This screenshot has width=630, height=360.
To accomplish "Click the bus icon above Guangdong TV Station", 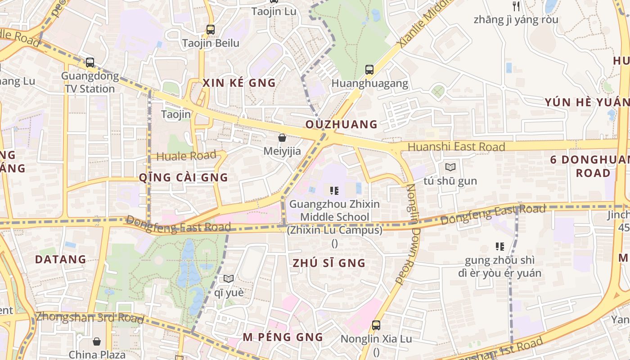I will click(x=90, y=63).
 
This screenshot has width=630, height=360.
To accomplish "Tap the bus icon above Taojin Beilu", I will click(x=210, y=30).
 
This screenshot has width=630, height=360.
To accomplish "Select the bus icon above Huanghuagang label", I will click(x=369, y=70).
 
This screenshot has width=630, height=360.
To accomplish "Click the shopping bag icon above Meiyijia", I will click(x=282, y=138).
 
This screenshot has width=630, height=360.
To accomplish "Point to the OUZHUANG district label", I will click(x=342, y=125).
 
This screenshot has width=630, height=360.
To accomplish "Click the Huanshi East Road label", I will click(x=456, y=147).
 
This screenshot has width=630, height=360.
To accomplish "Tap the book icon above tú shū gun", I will click(x=450, y=167).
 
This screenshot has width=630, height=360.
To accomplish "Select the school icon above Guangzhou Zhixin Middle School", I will click(x=334, y=191).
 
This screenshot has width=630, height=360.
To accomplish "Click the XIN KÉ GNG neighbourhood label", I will click(x=239, y=83).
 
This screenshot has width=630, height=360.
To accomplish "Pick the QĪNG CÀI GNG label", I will click(x=184, y=177).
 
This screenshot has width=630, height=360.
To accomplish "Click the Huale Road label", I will click(x=186, y=156).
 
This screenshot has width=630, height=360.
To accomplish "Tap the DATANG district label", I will click(x=60, y=259).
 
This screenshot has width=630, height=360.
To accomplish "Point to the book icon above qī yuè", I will click(x=229, y=279).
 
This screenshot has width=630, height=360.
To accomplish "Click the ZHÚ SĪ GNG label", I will click(x=329, y=263).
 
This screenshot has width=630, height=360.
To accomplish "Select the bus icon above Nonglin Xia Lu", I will click(x=376, y=325).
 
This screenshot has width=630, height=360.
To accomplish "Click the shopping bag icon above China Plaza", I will click(x=97, y=342).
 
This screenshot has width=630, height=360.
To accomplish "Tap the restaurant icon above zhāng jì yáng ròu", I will click(x=516, y=6).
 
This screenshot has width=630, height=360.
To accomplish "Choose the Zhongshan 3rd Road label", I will click(x=90, y=317).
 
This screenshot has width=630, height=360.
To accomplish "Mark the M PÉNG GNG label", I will click(x=283, y=337).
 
